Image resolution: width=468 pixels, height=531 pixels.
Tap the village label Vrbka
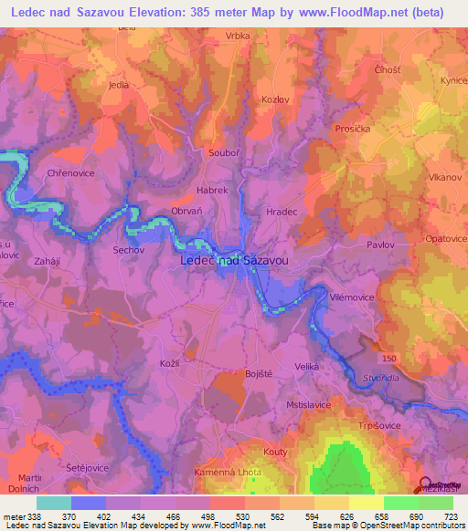point(238,37)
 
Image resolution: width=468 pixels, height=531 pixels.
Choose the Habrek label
point(212,190)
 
